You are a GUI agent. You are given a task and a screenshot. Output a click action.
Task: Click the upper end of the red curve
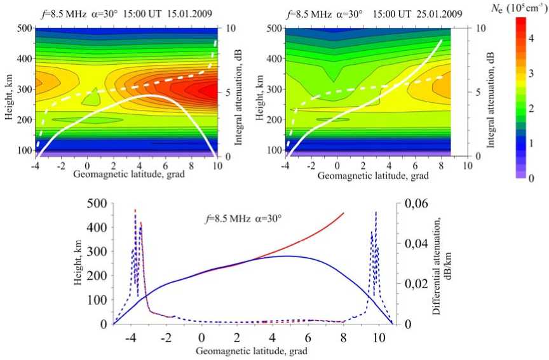point(344,213)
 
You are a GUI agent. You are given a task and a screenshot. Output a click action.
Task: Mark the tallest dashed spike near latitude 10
point(376,212)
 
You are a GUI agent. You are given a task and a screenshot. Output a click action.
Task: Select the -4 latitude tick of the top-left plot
point(34,165)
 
